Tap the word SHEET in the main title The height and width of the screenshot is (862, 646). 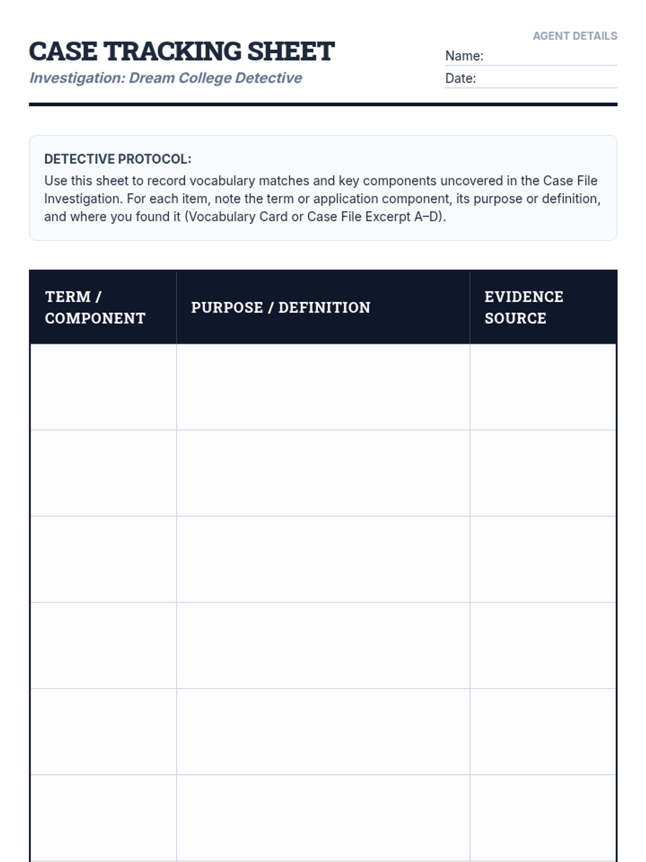291,52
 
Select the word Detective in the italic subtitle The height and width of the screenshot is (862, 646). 269,78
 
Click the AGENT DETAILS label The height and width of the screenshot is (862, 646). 574,36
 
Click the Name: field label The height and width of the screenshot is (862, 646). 464,56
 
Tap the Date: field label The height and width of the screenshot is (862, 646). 460,79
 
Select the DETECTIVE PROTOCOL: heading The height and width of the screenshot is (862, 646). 117,159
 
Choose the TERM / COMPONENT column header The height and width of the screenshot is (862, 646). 95,307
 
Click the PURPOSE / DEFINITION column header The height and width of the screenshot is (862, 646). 280,308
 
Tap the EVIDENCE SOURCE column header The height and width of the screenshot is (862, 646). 523,307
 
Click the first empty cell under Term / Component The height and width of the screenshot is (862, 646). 103,387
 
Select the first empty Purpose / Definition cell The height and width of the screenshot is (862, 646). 323,387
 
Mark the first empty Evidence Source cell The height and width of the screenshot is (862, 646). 543,387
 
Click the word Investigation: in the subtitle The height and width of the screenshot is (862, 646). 77,78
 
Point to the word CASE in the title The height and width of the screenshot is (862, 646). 63,52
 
